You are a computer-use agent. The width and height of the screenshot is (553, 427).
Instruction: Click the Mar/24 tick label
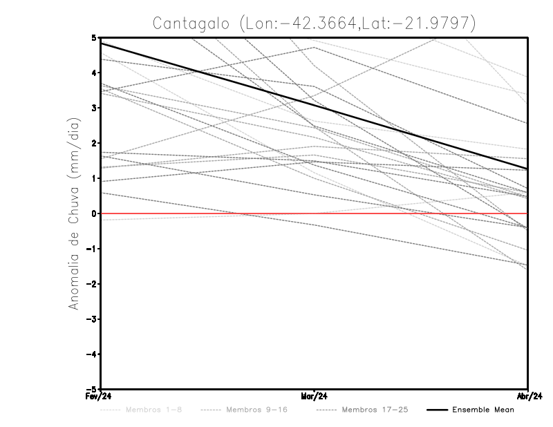(315, 397)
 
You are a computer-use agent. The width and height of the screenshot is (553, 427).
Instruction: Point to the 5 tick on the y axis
(94, 37)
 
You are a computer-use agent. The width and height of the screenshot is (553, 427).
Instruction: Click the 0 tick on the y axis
(94, 213)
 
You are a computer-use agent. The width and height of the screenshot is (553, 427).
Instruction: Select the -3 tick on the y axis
(92, 319)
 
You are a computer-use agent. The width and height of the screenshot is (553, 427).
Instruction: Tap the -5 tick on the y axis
(92, 389)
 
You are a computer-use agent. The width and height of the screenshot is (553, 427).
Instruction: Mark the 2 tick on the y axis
(94, 143)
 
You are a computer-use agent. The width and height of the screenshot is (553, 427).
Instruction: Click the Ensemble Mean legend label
(483, 410)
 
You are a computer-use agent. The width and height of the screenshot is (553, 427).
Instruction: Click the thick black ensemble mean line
(207, 73)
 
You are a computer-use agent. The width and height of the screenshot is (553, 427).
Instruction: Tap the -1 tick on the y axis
(92, 249)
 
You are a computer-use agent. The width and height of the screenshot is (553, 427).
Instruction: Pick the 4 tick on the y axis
(94, 73)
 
